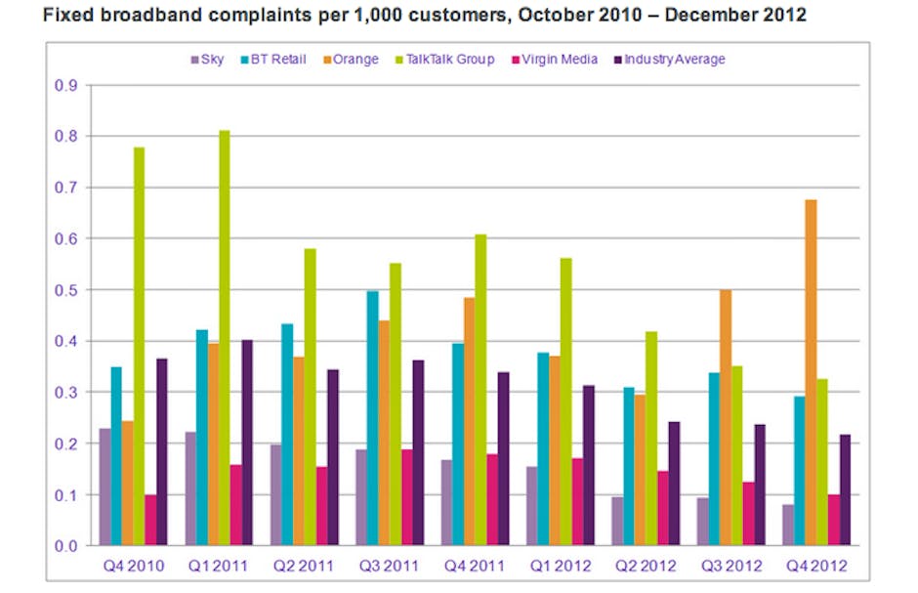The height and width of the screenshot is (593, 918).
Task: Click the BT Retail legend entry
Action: point(272,60)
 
